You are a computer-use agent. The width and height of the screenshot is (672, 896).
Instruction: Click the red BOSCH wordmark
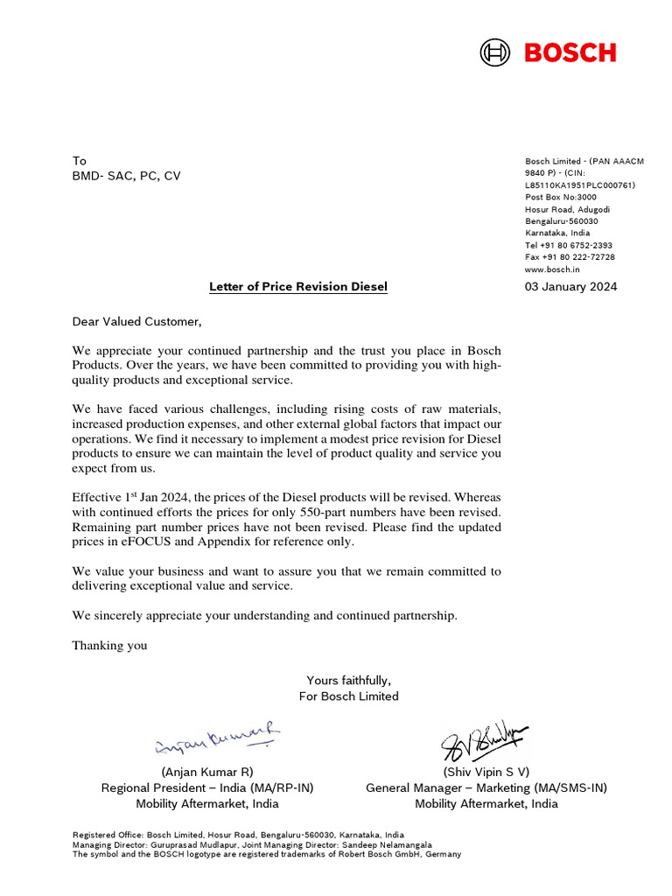point(570,52)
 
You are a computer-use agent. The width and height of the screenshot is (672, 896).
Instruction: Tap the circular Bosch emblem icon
point(494,52)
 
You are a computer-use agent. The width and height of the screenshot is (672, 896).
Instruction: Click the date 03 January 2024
point(570,287)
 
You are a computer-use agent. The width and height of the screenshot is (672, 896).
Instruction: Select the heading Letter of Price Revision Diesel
point(297,287)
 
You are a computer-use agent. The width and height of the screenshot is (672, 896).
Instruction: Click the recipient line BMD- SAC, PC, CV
point(126,176)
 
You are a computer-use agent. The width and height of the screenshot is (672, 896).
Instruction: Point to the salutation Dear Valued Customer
point(136,322)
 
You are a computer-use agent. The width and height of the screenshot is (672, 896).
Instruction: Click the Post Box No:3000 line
point(560,197)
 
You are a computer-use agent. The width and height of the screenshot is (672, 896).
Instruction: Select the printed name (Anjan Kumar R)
point(207,772)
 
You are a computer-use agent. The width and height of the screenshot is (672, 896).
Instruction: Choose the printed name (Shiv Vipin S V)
point(486,772)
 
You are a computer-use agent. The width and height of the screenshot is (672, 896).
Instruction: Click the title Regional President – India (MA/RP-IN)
point(207,787)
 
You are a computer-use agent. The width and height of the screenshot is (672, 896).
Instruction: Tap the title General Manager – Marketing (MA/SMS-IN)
point(486,787)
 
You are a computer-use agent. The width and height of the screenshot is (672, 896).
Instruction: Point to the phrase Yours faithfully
point(348,680)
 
